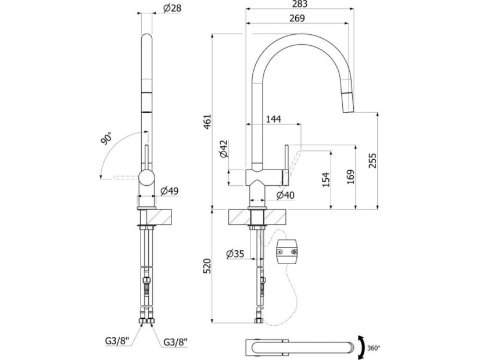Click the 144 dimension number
(273, 119)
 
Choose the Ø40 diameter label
(285, 195)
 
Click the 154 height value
(325, 179)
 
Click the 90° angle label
(106, 139)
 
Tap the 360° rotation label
(374, 348)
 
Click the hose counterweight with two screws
(288, 251)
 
